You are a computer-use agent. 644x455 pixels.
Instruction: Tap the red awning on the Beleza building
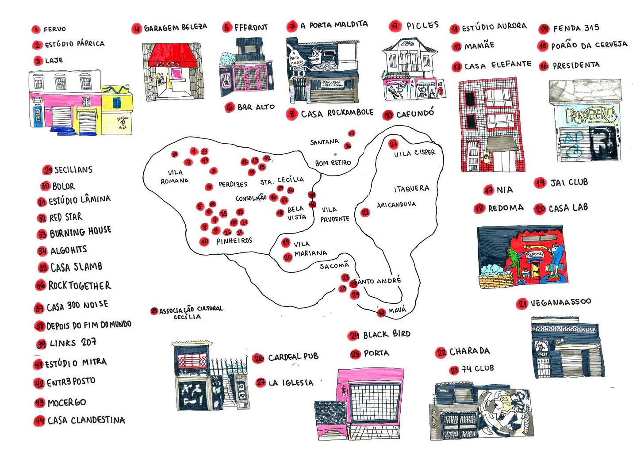click(173, 55)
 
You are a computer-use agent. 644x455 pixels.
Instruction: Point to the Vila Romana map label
click(174, 176)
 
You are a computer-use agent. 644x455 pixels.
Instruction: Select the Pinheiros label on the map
click(234, 241)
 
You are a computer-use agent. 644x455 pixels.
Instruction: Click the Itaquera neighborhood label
click(411, 189)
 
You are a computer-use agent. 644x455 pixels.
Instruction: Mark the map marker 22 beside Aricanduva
click(365, 213)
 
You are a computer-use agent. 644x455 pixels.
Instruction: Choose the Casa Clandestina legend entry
click(86, 420)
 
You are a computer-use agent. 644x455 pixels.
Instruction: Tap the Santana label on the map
click(324, 142)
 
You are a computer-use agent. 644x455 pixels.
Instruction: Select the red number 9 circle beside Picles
click(395, 26)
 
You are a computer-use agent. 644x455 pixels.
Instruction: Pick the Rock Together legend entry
click(79, 286)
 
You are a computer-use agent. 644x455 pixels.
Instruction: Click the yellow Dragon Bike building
click(117, 111)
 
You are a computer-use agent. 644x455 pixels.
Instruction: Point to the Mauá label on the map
click(397, 310)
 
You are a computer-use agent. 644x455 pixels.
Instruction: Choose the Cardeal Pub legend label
click(293, 357)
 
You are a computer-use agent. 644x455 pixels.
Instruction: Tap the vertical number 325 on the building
click(434, 418)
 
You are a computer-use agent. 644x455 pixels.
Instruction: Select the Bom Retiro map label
click(333, 163)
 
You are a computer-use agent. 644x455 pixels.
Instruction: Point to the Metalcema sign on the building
click(331, 83)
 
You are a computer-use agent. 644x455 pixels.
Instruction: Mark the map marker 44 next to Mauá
click(381, 313)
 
